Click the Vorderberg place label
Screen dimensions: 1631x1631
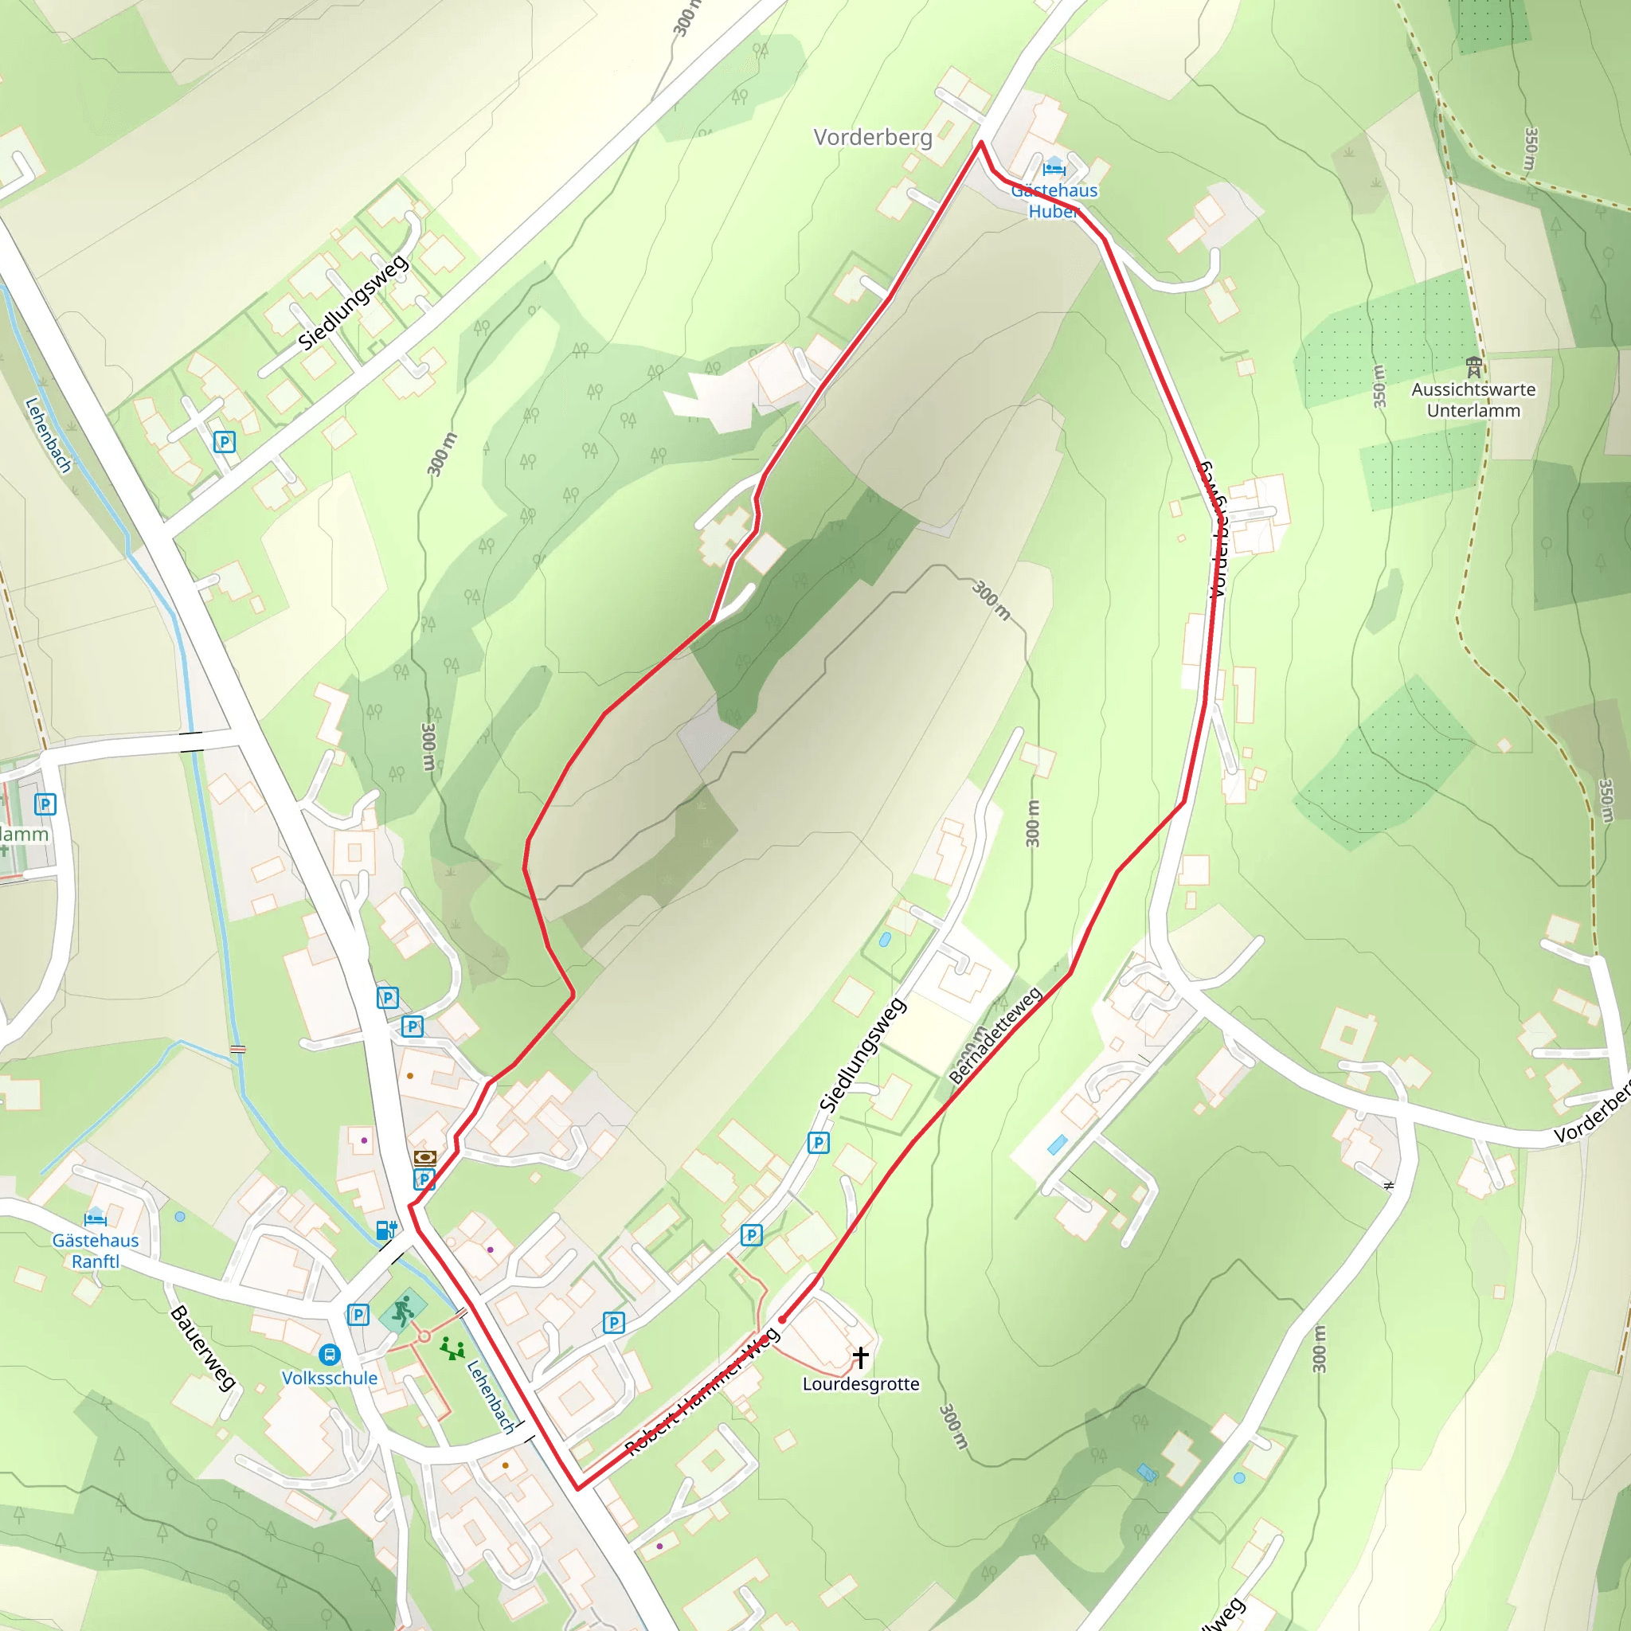click(873, 137)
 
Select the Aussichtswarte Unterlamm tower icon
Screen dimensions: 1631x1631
click(1474, 367)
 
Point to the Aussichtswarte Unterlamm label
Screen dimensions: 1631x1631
click(1473, 400)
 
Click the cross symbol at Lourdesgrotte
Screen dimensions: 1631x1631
click(860, 1356)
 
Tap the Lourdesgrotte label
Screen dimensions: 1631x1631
click(860, 1383)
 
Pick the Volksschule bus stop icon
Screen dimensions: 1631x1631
click(329, 1355)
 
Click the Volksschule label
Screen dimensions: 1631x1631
click(329, 1378)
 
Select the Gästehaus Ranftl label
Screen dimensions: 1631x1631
click(96, 1250)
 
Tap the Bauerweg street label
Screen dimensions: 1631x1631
click(202, 1348)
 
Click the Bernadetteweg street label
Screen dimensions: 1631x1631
click(995, 1035)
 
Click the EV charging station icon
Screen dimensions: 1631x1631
click(385, 1229)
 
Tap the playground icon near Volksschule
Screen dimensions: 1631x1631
click(452, 1349)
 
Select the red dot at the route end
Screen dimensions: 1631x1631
click(783, 1319)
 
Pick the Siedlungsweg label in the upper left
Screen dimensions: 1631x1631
click(354, 302)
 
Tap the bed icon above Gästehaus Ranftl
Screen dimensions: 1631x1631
click(96, 1218)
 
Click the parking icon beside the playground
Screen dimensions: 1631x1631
click(358, 1314)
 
